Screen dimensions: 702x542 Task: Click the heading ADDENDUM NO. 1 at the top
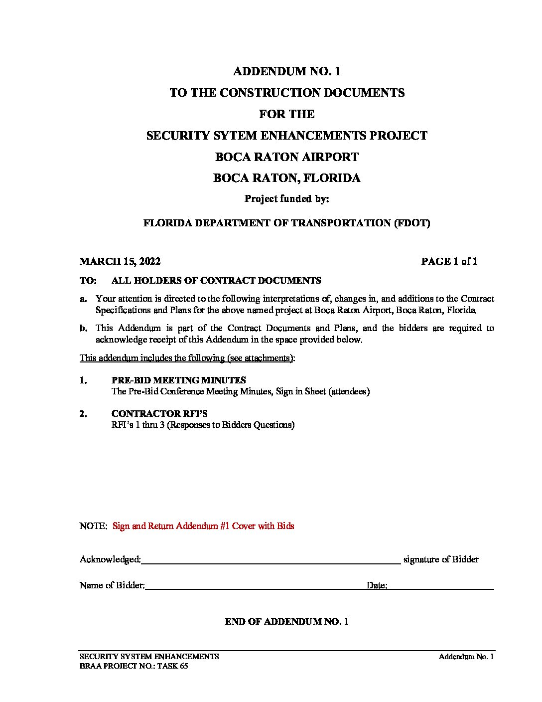pyautogui.click(x=286, y=71)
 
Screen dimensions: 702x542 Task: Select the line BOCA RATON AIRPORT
pyautogui.click(x=286, y=157)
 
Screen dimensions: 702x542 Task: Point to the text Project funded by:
pyautogui.click(x=286, y=199)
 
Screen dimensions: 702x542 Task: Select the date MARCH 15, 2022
pyautogui.click(x=120, y=262)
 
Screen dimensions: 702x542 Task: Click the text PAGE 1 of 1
pyautogui.click(x=449, y=262)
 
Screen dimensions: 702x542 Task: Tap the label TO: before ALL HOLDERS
pyautogui.click(x=88, y=281)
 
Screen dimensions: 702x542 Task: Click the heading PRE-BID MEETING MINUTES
pyautogui.click(x=178, y=380)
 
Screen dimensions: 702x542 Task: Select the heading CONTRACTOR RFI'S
pyautogui.click(x=159, y=414)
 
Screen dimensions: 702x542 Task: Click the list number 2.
pyautogui.click(x=83, y=414)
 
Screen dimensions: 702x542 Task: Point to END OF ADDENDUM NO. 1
pyautogui.click(x=286, y=622)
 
